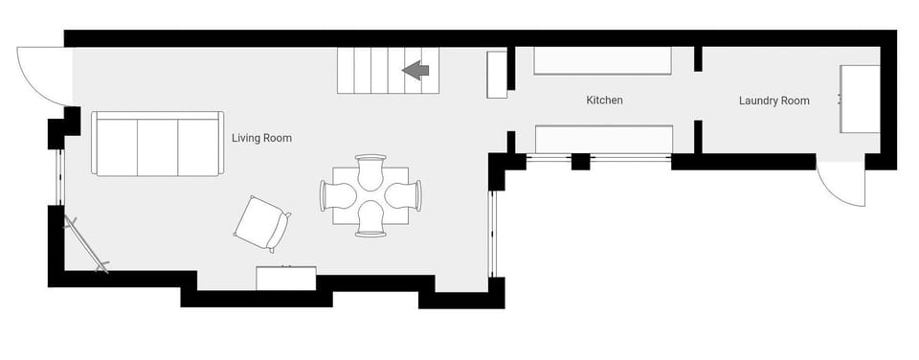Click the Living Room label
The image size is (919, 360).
pyautogui.click(x=261, y=139)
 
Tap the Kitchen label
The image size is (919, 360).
pyautogui.click(x=604, y=101)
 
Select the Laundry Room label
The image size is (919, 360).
pyautogui.click(x=773, y=101)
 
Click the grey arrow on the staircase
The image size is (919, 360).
pyautogui.click(x=415, y=70)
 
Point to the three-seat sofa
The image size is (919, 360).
pyautogui.click(x=157, y=144)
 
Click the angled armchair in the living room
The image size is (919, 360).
pyautogui.click(x=261, y=224)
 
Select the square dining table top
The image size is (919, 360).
pyautogui.click(x=370, y=195)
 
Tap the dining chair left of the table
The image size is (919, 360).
pyautogui.click(x=336, y=195)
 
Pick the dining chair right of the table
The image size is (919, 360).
pyautogui.click(x=405, y=195)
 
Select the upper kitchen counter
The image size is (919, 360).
pyautogui.click(x=601, y=60)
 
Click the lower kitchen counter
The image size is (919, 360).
pyautogui.click(x=602, y=140)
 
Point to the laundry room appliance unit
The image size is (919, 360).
pyautogui.click(x=860, y=100)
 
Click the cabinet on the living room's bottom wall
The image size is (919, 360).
pyautogui.click(x=285, y=278)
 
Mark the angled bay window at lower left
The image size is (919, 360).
pyautogui.click(x=85, y=245)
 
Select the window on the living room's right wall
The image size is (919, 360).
pyautogui.click(x=495, y=234)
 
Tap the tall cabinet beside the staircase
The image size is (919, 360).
pyautogui.click(x=496, y=75)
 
